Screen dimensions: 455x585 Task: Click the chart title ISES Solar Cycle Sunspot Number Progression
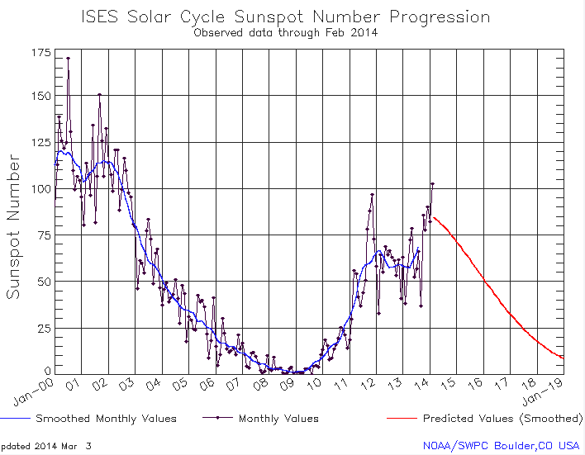tap(285, 17)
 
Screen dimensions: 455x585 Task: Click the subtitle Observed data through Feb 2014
tap(285, 33)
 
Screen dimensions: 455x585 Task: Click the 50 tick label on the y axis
tap(41, 282)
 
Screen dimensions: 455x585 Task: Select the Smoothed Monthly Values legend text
tap(106, 419)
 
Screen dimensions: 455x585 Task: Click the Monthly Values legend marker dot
tap(219, 419)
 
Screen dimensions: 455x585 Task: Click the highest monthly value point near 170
tap(68, 58)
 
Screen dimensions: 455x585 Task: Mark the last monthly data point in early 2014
tap(432, 183)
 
